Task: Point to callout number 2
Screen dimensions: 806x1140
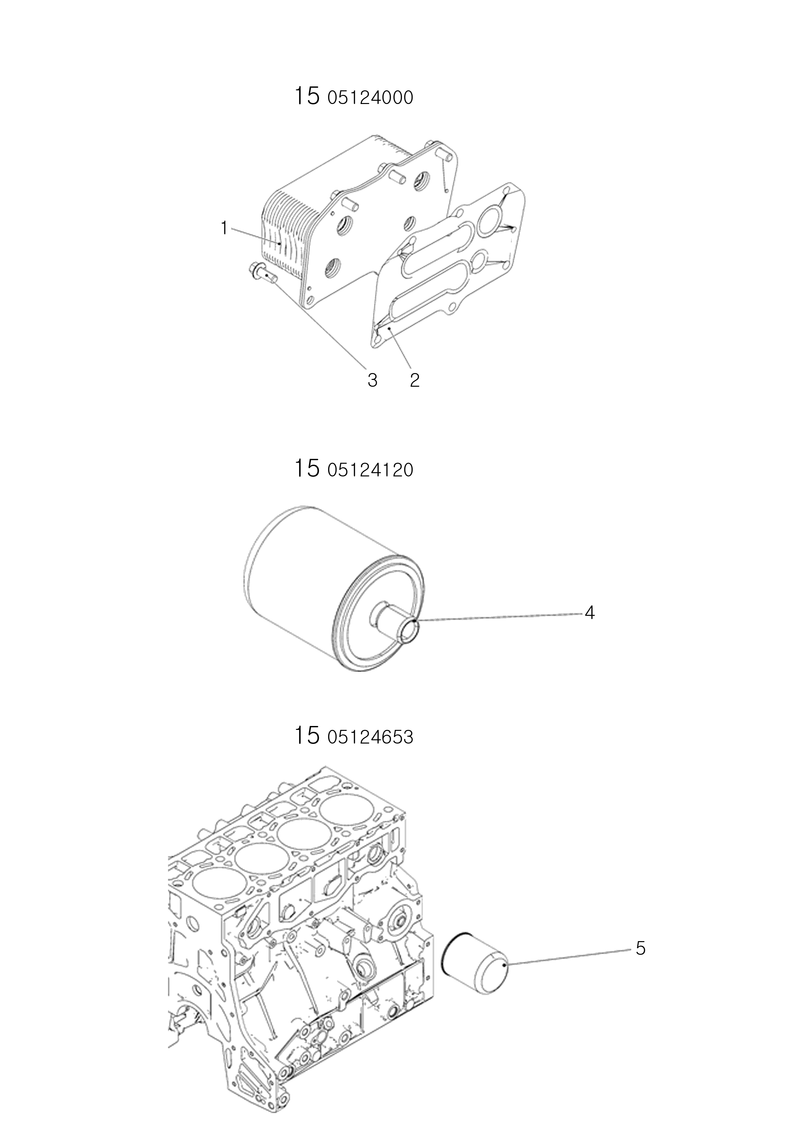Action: pyautogui.click(x=415, y=380)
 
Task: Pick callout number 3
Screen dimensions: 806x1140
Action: pyautogui.click(x=372, y=380)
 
